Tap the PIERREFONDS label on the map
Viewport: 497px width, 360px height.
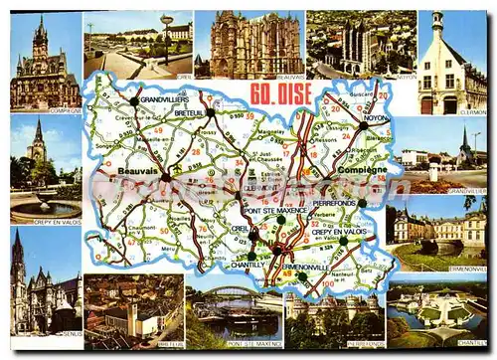pyautogui.click(x=334, y=202)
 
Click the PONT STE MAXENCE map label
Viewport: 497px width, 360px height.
pyautogui.click(x=275, y=212)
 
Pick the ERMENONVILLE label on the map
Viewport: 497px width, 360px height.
pyautogui.click(x=305, y=266)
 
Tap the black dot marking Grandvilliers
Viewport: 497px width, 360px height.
pyautogui.click(x=134, y=100)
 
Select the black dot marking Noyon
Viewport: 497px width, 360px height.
pyautogui.click(x=364, y=125)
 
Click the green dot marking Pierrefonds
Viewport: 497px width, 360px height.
pyautogui.click(x=363, y=203)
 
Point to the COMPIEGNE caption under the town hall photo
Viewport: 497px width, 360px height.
pyautogui.click(x=65, y=109)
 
